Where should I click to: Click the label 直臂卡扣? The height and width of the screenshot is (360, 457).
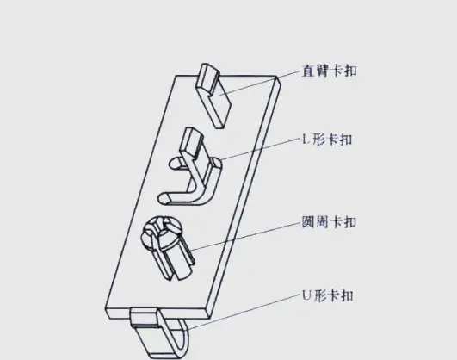tap(329, 71)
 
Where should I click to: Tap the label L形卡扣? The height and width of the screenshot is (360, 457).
tap(327, 140)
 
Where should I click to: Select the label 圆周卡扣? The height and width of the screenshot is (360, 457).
tap(329, 222)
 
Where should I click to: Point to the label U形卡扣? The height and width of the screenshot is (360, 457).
tap(328, 295)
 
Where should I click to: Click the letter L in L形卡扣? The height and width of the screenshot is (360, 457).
tap(306, 140)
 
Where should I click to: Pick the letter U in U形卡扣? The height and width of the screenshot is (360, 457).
tap(306, 295)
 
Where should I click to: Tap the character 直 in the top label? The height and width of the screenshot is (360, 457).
tap(308, 71)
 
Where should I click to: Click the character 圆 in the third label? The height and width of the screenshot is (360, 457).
tap(308, 222)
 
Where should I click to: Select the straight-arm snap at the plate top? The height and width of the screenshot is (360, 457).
tap(213, 96)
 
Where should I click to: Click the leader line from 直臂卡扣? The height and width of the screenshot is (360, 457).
tap(260, 83)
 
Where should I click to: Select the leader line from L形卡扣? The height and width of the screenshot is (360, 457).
tap(261, 149)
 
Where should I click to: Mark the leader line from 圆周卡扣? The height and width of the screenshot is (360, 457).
tap(245, 236)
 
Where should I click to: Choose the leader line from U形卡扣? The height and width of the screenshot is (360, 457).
tap(244, 312)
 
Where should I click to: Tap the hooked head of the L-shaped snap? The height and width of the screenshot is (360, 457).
tap(191, 141)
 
